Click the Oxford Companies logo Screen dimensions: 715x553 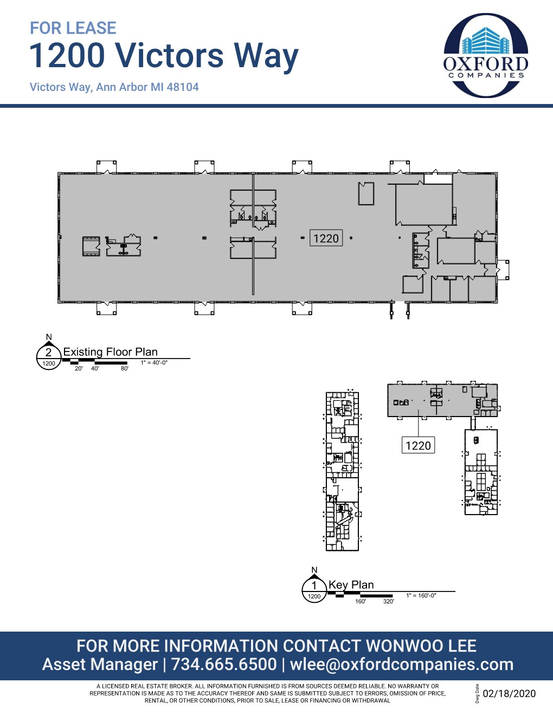pyautogui.click(x=486, y=55)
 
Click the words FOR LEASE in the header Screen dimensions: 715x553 pyautogui.click(x=73, y=28)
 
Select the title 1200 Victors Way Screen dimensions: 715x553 pyautogui.click(x=164, y=56)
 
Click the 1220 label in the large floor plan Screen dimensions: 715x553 pyautogui.click(x=326, y=238)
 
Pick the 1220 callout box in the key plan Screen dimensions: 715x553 pyautogui.click(x=418, y=446)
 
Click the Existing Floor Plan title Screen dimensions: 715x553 pyautogui.click(x=110, y=352)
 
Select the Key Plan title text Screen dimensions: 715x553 pyautogui.click(x=351, y=585)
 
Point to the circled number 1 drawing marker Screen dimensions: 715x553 pyautogui.click(x=314, y=586)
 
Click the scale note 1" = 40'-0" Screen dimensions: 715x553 pyautogui.click(x=154, y=363)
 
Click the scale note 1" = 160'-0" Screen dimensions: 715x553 pyautogui.click(x=421, y=596)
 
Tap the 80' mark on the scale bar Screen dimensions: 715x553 pyautogui.click(x=125, y=369)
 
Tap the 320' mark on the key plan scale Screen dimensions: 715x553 pyautogui.click(x=389, y=601)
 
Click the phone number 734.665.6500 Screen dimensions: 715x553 pyautogui.click(x=224, y=664)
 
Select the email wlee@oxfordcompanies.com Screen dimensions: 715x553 pyautogui.click(x=402, y=664)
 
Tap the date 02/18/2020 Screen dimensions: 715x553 pyautogui.click(x=509, y=694)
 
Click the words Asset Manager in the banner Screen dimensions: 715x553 pyautogui.click(x=100, y=664)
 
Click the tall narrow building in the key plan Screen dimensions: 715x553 pyautogui.click(x=342, y=471)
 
